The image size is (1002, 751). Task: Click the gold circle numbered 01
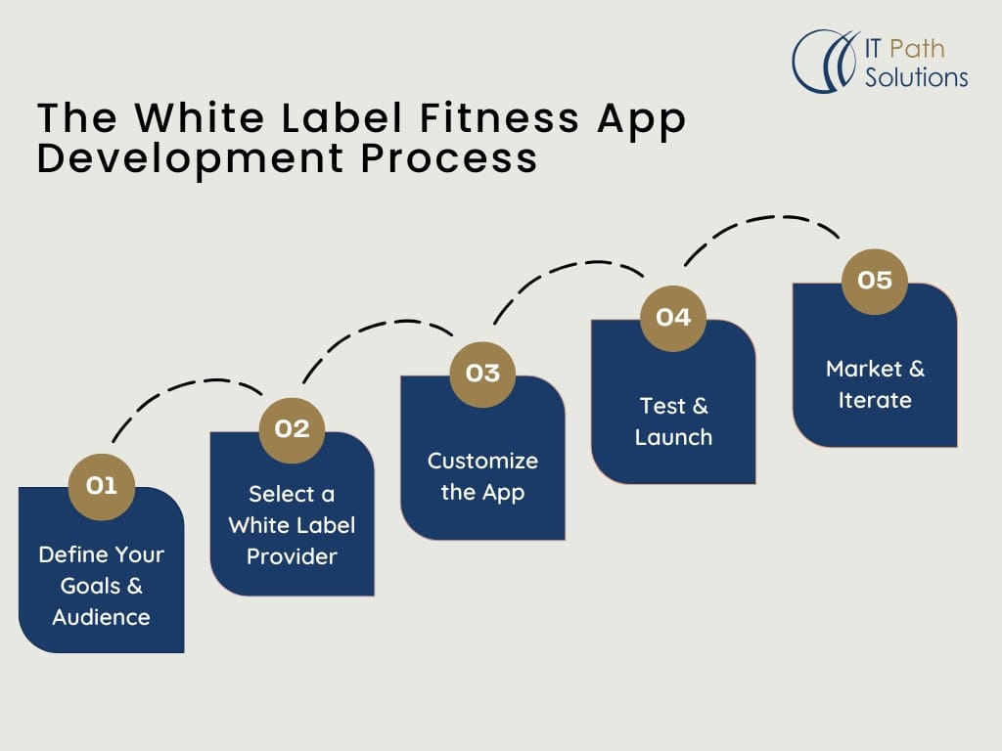[x=102, y=485]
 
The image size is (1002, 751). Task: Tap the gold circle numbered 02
[x=292, y=429]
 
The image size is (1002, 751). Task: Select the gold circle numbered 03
[x=482, y=374]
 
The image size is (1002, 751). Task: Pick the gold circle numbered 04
[x=673, y=317]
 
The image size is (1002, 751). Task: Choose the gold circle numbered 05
[x=875, y=281]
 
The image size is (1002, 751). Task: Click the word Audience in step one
[x=102, y=617]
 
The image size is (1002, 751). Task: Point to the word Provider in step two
[x=292, y=556]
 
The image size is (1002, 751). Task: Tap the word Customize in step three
[x=482, y=461]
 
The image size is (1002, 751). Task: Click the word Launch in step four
[x=673, y=437]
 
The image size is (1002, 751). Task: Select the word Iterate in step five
[x=875, y=400]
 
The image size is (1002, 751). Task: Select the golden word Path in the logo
[x=918, y=47]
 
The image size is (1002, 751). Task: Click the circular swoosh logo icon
[x=824, y=61]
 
